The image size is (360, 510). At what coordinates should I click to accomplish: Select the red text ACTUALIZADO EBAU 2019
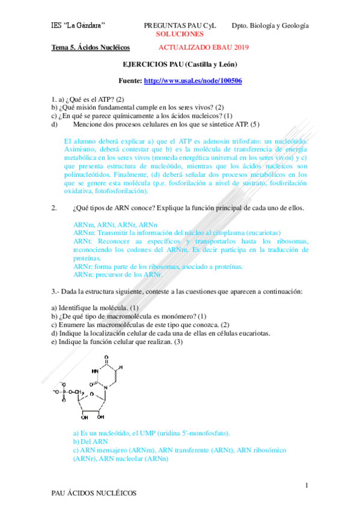[204, 47]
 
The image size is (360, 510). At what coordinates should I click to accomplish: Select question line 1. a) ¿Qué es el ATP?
[88, 98]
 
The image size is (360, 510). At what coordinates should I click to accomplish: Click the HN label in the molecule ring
[95, 371]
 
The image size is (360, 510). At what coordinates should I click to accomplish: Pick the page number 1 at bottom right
[307, 485]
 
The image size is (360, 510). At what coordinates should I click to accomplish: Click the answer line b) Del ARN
[90, 441]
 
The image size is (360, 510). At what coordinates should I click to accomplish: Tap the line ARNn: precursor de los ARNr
[118, 274]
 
